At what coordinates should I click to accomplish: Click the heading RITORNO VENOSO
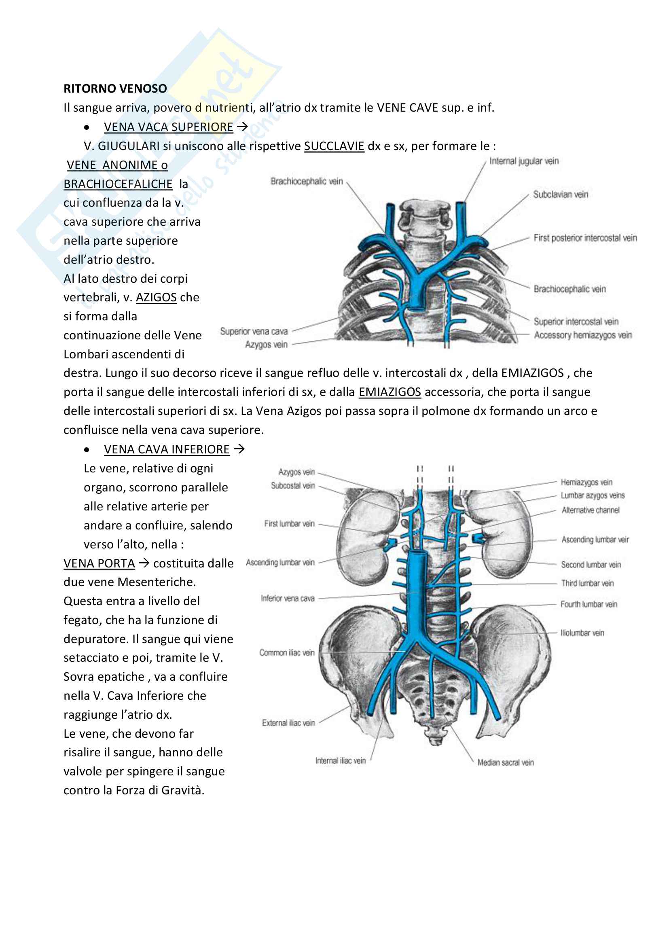(x=115, y=89)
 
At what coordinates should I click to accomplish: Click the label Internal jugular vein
(x=523, y=161)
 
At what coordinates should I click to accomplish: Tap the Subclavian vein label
(x=560, y=195)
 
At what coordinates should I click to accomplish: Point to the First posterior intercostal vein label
(x=585, y=238)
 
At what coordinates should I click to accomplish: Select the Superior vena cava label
(x=254, y=331)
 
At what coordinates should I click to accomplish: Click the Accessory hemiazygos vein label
(x=582, y=335)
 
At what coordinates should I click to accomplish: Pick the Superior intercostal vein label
(x=576, y=322)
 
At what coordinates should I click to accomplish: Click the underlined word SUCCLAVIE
(x=334, y=146)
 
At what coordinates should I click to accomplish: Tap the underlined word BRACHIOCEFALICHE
(x=118, y=184)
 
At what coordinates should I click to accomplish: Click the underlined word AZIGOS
(x=156, y=298)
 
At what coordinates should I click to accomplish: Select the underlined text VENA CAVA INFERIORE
(x=166, y=449)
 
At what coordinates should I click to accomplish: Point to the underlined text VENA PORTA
(x=99, y=563)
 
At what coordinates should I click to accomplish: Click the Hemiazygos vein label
(x=586, y=482)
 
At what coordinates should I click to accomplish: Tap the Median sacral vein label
(x=506, y=763)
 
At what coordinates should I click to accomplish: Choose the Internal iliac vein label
(x=340, y=761)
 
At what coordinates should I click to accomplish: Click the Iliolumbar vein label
(x=582, y=633)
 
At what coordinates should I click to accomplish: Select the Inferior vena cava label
(x=288, y=598)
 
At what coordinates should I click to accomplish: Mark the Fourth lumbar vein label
(x=589, y=604)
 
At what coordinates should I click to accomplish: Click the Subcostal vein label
(x=292, y=486)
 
